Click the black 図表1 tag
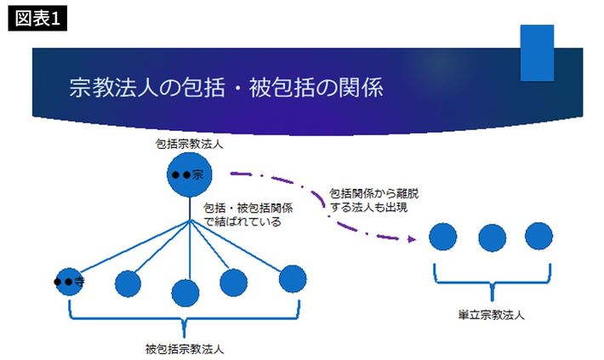pos(37,18)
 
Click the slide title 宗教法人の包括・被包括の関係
pos(226,88)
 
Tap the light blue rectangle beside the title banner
pos(537,53)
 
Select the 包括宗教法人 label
pos(189,144)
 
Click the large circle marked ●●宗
pos(189,174)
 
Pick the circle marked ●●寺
pos(70,282)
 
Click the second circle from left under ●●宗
pos(128,283)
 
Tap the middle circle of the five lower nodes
pos(185,293)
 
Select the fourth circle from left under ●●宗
pos(233,283)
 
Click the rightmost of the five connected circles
pos(293,278)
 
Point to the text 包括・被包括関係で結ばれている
pos(248,214)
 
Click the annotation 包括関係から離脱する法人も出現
pos(374,200)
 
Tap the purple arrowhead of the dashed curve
pos(412,239)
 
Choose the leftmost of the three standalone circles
pos(443,237)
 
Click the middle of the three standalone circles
pos(493,238)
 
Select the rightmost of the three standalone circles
pos(538,236)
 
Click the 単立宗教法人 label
pos(491,315)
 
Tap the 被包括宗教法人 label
pos(185,349)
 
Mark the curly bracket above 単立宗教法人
pos(493,283)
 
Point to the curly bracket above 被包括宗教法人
pos(184,319)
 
